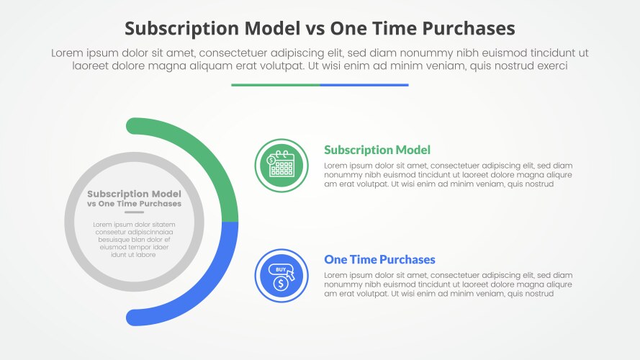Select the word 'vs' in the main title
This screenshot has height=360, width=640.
click(x=311, y=28)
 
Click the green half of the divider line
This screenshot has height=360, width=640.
click(x=276, y=85)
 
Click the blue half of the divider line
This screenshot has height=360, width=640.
click(x=364, y=85)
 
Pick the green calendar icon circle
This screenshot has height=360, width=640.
click(x=281, y=166)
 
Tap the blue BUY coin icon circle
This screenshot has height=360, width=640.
click(x=281, y=275)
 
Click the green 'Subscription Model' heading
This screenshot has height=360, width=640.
click(x=377, y=150)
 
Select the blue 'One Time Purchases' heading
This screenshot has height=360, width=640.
click(x=379, y=259)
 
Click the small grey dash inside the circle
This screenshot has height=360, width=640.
click(x=134, y=212)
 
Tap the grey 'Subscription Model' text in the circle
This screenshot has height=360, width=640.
click(x=134, y=194)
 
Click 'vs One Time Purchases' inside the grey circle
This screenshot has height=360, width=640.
click(x=134, y=204)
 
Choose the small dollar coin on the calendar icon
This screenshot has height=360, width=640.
click(x=272, y=159)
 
